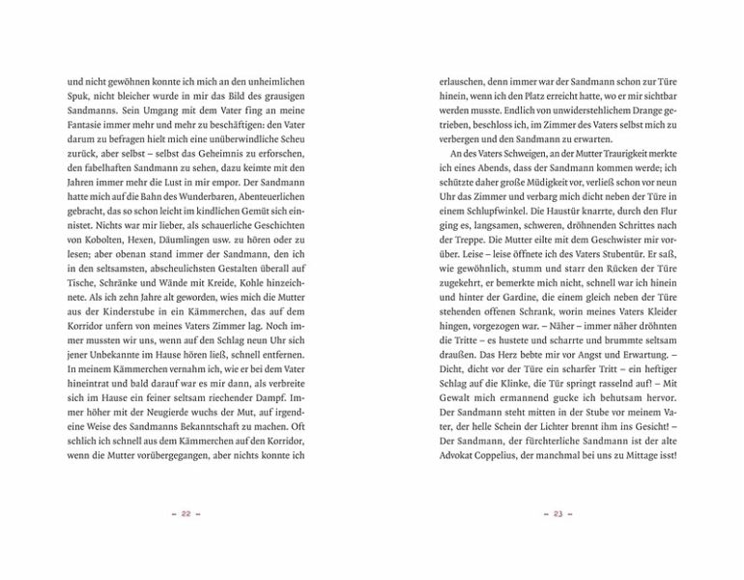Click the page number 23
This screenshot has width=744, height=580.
558,513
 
